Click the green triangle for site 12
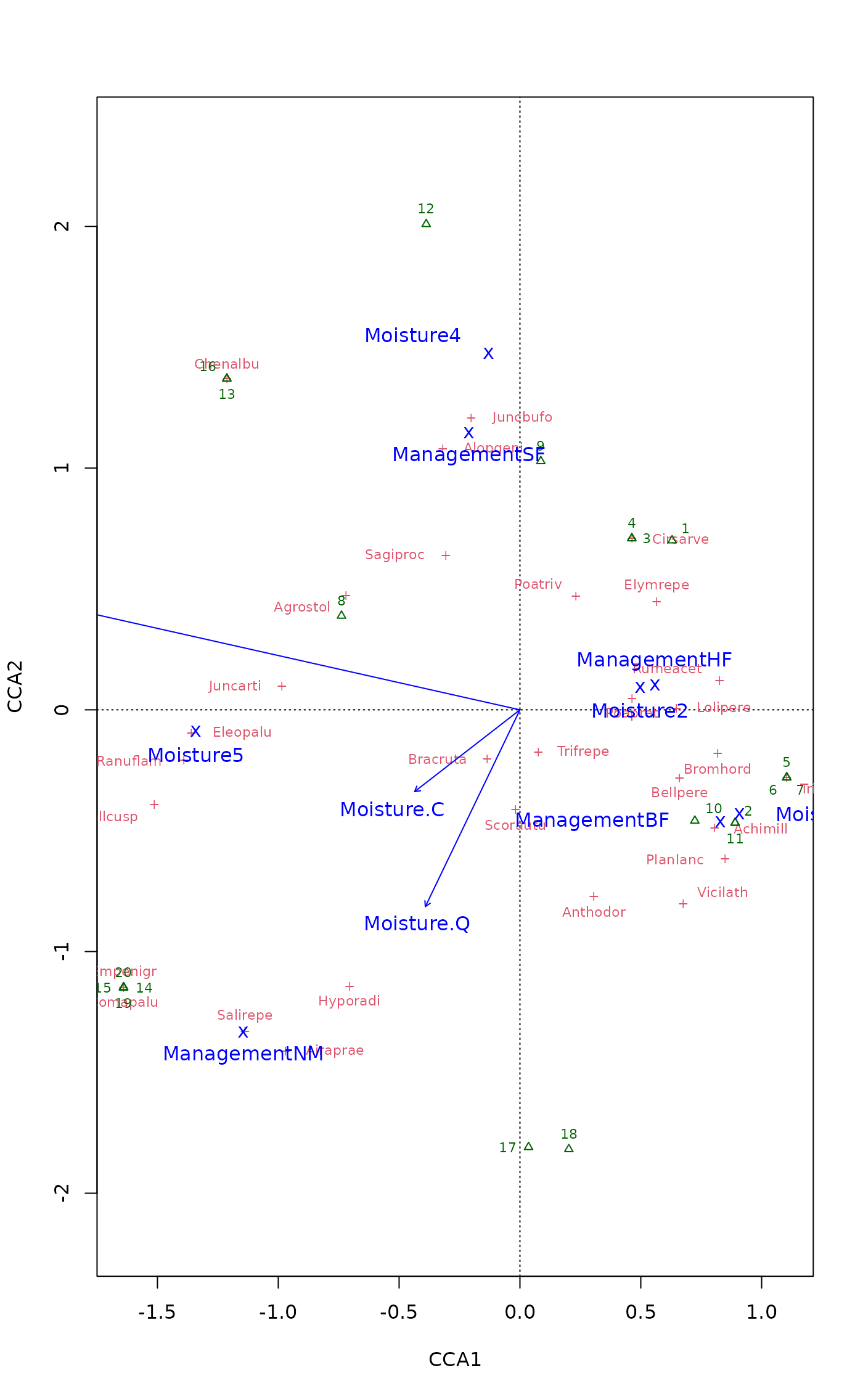pyautogui.click(x=426, y=223)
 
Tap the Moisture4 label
pyautogui.click(x=412, y=336)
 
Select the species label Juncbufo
pyautogui.click(x=522, y=417)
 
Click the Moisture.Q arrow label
pyautogui.click(x=417, y=924)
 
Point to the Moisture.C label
pyautogui.click(x=392, y=809)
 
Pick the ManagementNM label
pyautogui.click(x=243, y=1054)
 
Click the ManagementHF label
pyautogui.click(x=654, y=660)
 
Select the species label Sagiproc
pyautogui.click(x=395, y=555)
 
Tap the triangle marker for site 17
pyautogui.click(x=528, y=1146)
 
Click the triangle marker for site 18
pyautogui.click(x=569, y=1148)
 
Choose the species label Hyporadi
pyautogui.click(x=349, y=1001)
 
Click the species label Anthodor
pyautogui.click(x=594, y=912)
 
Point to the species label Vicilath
pyautogui.click(x=722, y=893)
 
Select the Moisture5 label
pyautogui.click(x=195, y=755)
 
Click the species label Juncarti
pyautogui.click(x=235, y=686)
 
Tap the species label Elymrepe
pyautogui.click(x=656, y=585)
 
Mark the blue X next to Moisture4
pyautogui.click(x=488, y=353)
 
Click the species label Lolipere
pyautogui.click(x=724, y=708)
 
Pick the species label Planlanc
pyautogui.click(x=675, y=860)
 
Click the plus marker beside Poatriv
pyautogui.click(x=576, y=596)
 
